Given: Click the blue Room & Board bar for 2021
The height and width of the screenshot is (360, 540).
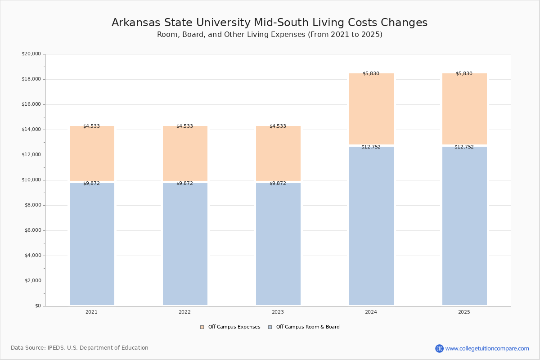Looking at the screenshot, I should (x=92, y=244).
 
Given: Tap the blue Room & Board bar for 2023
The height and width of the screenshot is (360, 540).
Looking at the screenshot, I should (x=278, y=244).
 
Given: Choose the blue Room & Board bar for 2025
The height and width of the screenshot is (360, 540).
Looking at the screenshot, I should (x=464, y=226).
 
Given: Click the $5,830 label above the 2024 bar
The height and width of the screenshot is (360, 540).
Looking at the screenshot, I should (x=371, y=74).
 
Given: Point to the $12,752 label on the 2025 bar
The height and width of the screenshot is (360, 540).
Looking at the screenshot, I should (x=464, y=147).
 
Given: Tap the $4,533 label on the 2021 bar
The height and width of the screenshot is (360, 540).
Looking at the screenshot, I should (x=91, y=126).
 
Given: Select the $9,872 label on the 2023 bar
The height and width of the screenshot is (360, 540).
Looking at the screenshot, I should (x=278, y=184).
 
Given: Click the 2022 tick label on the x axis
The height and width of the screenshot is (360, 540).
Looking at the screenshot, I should (x=184, y=312).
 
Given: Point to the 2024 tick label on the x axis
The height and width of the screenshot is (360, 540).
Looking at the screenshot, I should (x=371, y=312).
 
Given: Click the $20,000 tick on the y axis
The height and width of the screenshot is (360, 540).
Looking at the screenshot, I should (x=31, y=54).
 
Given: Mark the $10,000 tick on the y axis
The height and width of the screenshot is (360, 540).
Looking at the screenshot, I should (x=31, y=180).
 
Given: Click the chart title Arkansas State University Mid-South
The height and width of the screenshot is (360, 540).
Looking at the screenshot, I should (x=270, y=22).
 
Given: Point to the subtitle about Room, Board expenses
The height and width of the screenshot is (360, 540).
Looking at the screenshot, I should (x=270, y=35).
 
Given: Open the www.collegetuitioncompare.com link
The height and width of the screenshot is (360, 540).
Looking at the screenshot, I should (x=487, y=348).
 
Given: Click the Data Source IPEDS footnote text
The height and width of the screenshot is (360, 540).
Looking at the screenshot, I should (x=80, y=348).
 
